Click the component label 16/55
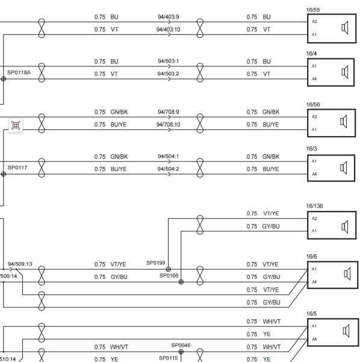(x=312, y=10)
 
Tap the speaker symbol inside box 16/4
(x=345, y=72)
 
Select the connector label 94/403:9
(x=168, y=17)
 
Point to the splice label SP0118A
(x=19, y=72)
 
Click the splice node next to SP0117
(x=4, y=174)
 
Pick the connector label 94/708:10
(x=168, y=125)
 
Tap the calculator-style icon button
(x=16, y=125)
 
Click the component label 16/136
(x=314, y=206)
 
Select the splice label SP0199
(x=156, y=263)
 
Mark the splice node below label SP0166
(x=181, y=282)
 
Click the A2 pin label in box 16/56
(x=314, y=117)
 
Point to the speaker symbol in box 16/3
(x=344, y=167)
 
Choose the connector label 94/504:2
(x=168, y=169)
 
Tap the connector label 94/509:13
(x=20, y=264)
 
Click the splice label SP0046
(x=181, y=345)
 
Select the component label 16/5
(x=311, y=314)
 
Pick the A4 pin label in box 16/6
(x=314, y=282)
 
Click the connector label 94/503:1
(x=168, y=61)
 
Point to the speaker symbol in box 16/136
(x=345, y=226)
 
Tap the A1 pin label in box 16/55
(x=314, y=34)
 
